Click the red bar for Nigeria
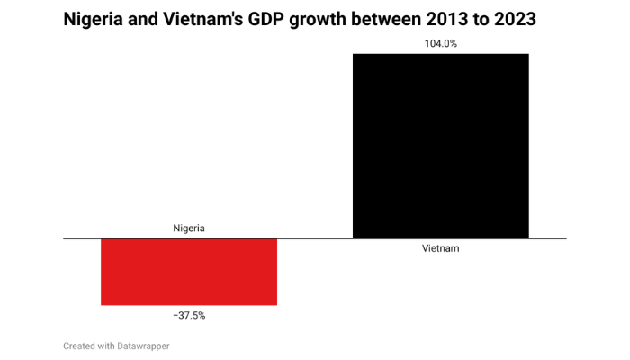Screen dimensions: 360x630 click(189, 272)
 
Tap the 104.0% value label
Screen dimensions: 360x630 click(440, 42)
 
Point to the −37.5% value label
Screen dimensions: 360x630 click(189, 316)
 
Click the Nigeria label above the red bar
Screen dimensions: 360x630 click(189, 228)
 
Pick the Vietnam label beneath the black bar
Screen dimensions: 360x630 click(440, 248)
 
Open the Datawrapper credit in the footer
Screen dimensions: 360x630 click(144, 346)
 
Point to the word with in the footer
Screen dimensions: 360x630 click(107, 346)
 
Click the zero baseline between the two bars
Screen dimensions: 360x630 click(315, 238)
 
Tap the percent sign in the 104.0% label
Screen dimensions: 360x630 click(454, 42)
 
